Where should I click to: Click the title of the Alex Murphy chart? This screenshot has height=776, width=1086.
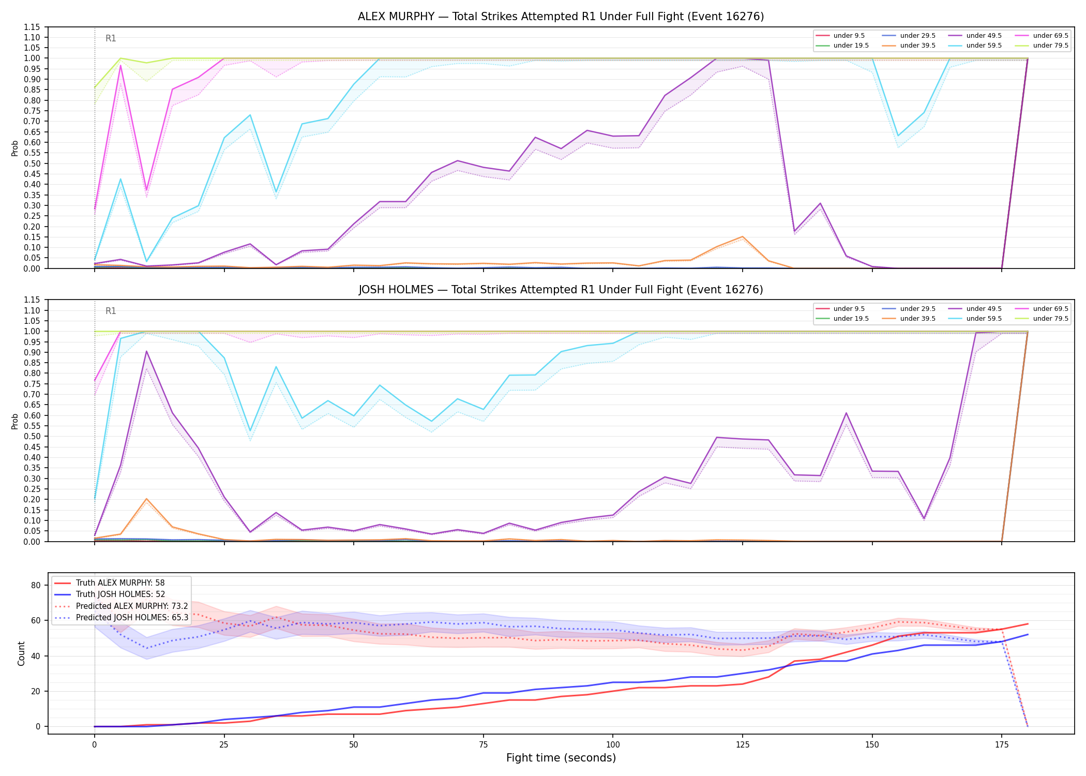561,17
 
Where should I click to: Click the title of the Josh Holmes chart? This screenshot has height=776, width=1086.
561,290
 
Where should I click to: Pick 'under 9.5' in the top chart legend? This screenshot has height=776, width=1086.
849,36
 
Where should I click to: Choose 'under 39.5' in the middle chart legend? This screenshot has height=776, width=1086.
917,319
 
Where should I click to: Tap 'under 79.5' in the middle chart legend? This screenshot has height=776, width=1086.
1050,319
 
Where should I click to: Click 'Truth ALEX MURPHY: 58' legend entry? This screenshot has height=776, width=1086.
120,583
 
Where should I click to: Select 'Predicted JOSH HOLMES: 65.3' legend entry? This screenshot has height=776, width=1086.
132,617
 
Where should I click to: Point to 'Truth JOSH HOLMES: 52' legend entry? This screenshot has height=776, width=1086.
120,594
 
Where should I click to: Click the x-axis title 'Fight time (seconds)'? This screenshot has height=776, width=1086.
561,758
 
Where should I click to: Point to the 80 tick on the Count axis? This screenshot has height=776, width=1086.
36,585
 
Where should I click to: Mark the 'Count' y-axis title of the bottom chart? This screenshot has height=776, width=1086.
21,653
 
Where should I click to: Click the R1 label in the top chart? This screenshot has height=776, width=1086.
111,38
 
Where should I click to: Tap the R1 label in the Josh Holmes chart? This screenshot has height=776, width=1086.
111,311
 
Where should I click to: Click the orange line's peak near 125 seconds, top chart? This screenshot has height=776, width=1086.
743,236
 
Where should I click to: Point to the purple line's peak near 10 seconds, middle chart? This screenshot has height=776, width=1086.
146,351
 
